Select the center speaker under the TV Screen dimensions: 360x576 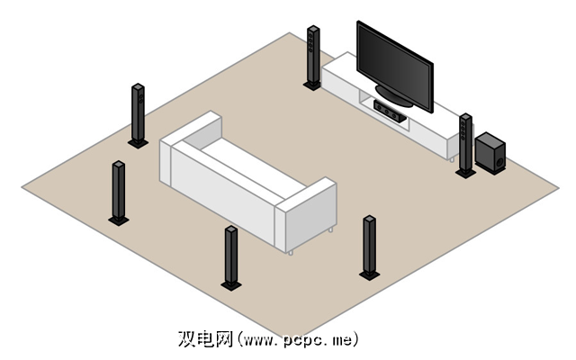point(389,111)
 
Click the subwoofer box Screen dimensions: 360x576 point(490,152)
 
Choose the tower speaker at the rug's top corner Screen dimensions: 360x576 point(313,56)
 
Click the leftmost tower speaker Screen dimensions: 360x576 point(118,190)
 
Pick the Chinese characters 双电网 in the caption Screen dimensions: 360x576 point(206,339)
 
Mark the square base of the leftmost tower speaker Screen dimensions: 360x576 point(119,219)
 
